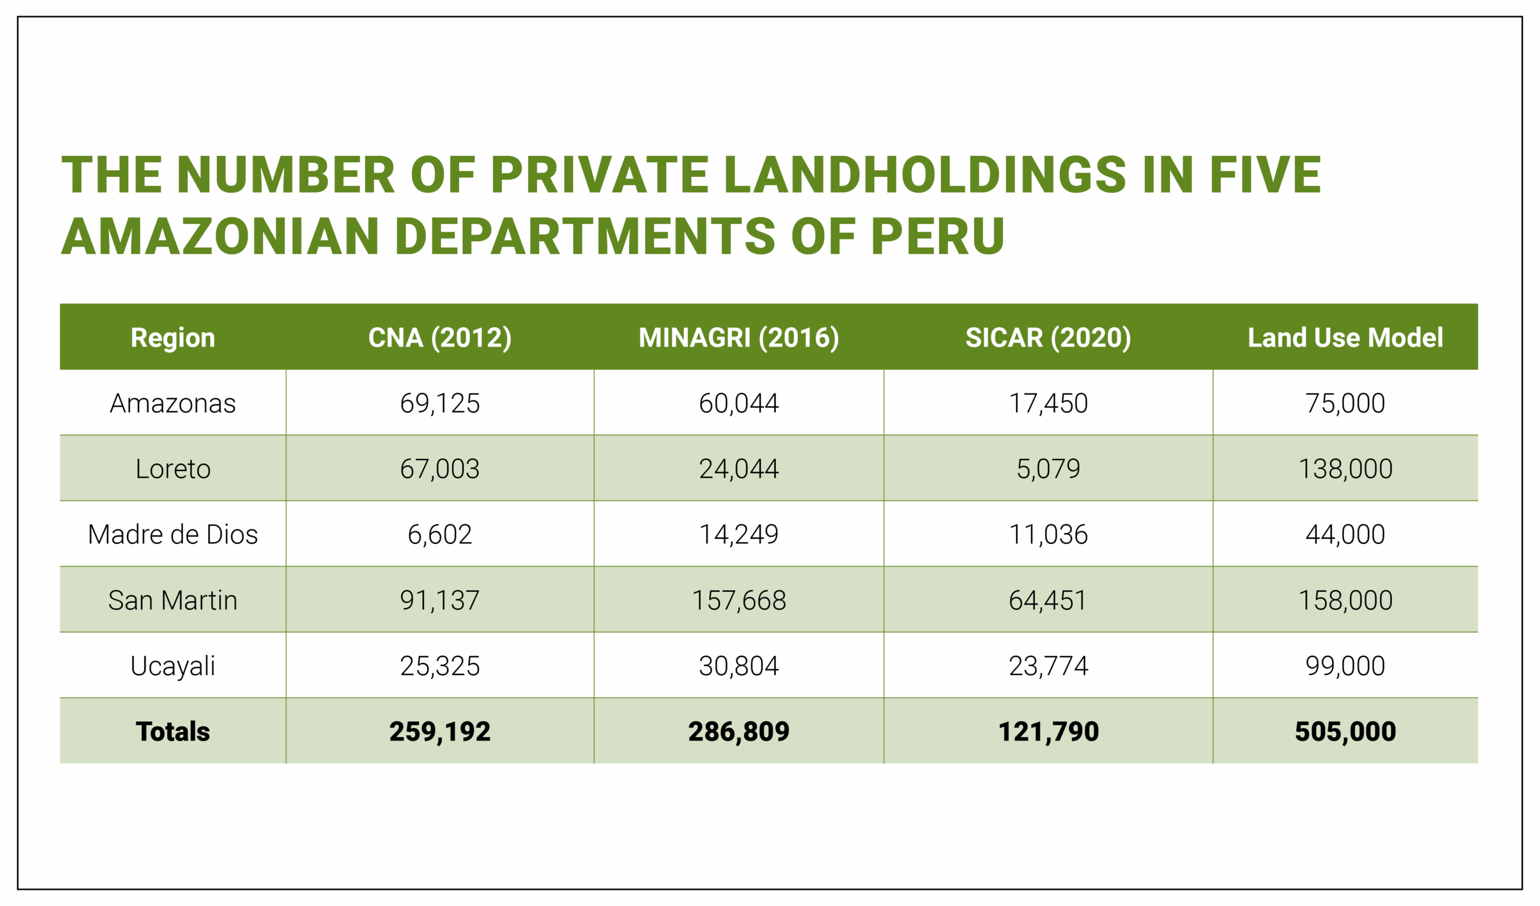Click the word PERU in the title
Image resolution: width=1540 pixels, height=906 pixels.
point(937,236)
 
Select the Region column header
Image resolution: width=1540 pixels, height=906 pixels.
point(173,337)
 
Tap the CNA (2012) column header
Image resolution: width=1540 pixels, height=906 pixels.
point(440,337)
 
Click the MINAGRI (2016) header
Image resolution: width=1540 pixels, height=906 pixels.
point(739,337)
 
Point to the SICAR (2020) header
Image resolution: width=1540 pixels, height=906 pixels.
point(1048,337)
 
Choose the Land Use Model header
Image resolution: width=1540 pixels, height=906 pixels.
point(1345,337)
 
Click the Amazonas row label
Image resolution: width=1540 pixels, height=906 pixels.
point(173,404)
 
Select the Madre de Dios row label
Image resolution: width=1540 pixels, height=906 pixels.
point(173,534)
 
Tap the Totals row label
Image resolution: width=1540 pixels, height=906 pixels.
point(173,731)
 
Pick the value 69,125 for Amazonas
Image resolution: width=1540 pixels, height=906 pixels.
point(440,404)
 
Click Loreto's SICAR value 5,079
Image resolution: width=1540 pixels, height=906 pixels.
point(1048,469)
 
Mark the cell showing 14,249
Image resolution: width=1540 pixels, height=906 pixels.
point(739,534)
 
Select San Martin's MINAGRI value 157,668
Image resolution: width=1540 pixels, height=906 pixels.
point(739,600)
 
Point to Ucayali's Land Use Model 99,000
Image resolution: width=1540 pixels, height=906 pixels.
point(1345,666)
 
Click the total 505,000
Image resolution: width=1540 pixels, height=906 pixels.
point(1345,731)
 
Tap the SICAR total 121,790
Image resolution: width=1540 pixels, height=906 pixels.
point(1048,731)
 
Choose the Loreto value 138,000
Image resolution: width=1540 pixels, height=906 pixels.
point(1345,469)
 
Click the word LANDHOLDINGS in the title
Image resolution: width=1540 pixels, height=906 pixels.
point(925,175)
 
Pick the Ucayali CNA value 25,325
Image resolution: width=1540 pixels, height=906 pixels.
point(440,666)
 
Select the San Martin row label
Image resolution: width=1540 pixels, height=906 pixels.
point(173,600)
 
